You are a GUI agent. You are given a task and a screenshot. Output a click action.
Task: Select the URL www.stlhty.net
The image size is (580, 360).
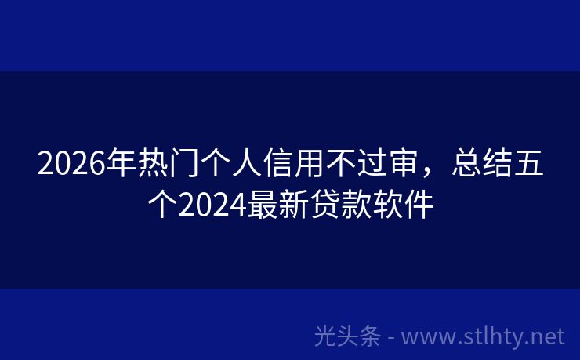click(483, 337)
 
